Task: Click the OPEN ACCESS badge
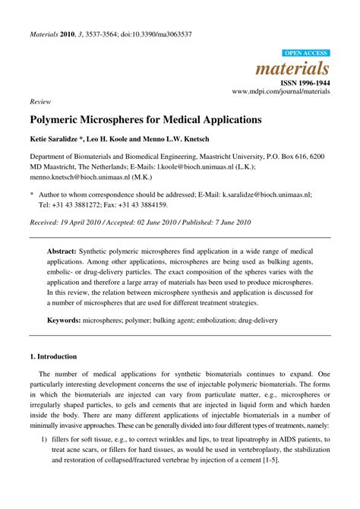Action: click(x=305, y=53)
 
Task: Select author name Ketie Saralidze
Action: click(x=60, y=141)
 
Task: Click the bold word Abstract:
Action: click(x=66, y=250)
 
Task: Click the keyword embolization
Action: click(x=248, y=321)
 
